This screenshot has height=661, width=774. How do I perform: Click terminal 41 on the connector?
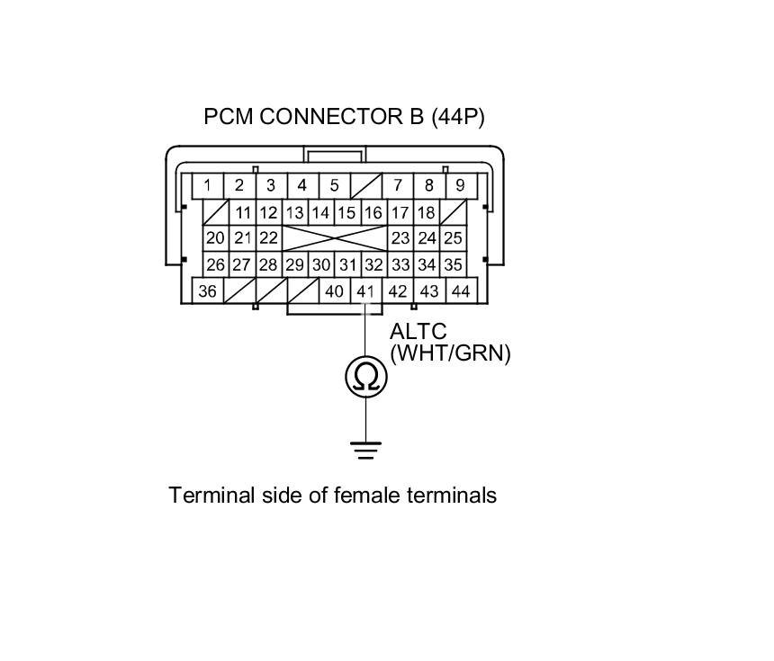[x=364, y=291]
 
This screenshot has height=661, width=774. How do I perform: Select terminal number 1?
[x=208, y=186]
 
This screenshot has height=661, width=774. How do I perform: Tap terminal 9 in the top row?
[x=460, y=186]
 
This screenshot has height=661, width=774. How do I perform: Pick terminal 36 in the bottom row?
[x=208, y=291]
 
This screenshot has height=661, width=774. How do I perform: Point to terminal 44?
[x=460, y=291]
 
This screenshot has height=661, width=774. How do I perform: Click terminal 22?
[x=268, y=238]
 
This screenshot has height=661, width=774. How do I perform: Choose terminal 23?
[x=400, y=238]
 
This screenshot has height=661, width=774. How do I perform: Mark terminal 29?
[x=294, y=265]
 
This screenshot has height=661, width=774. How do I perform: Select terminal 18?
[x=427, y=213]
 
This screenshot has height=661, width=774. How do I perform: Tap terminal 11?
[x=242, y=213]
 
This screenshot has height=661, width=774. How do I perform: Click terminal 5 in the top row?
[x=334, y=186]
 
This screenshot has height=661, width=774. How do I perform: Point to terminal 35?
[x=453, y=265]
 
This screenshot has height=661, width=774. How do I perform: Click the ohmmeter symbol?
[x=365, y=378]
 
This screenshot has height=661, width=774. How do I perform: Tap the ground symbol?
[x=365, y=449]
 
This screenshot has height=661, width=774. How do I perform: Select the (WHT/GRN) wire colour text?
[x=450, y=353]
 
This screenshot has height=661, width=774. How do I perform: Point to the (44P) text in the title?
[x=458, y=117]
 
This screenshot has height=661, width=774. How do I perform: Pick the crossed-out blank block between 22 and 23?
[x=334, y=238]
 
